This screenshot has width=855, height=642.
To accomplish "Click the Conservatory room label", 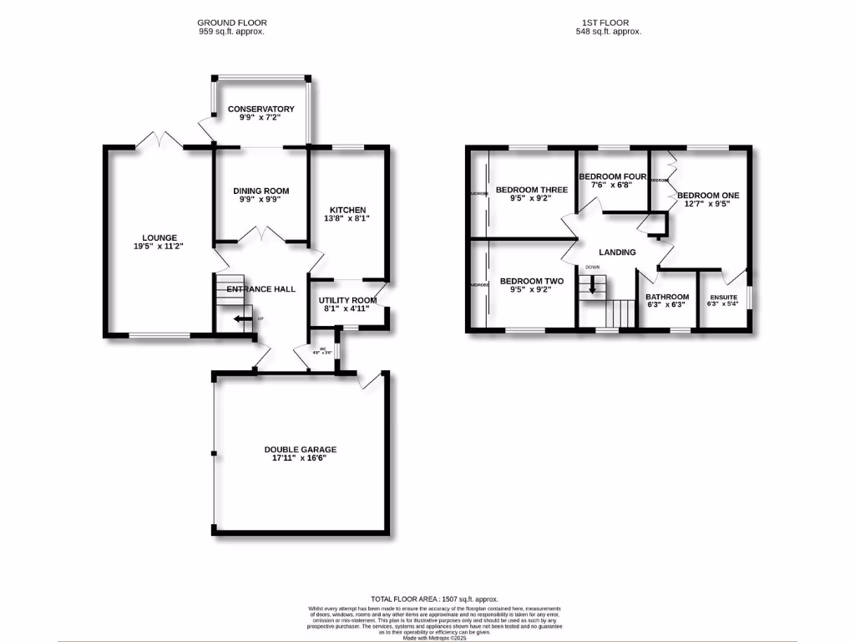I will (x=261, y=109).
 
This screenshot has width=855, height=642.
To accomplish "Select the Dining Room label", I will (x=261, y=191).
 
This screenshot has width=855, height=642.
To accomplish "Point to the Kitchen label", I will (x=347, y=209).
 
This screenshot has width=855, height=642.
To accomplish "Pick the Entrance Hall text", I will (x=261, y=288).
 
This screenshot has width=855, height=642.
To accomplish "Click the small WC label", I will (x=321, y=349).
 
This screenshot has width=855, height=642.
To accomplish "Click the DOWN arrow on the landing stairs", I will (x=593, y=286).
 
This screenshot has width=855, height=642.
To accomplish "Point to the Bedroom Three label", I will (x=531, y=190).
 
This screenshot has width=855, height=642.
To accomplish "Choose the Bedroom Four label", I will (x=613, y=176).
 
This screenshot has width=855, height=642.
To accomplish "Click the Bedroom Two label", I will (x=531, y=281).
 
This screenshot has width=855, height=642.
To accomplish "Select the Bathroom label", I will (x=666, y=297).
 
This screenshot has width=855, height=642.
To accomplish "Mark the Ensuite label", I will (x=723, y=298).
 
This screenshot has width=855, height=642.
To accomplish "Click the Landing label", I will (x=617, y=252).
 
